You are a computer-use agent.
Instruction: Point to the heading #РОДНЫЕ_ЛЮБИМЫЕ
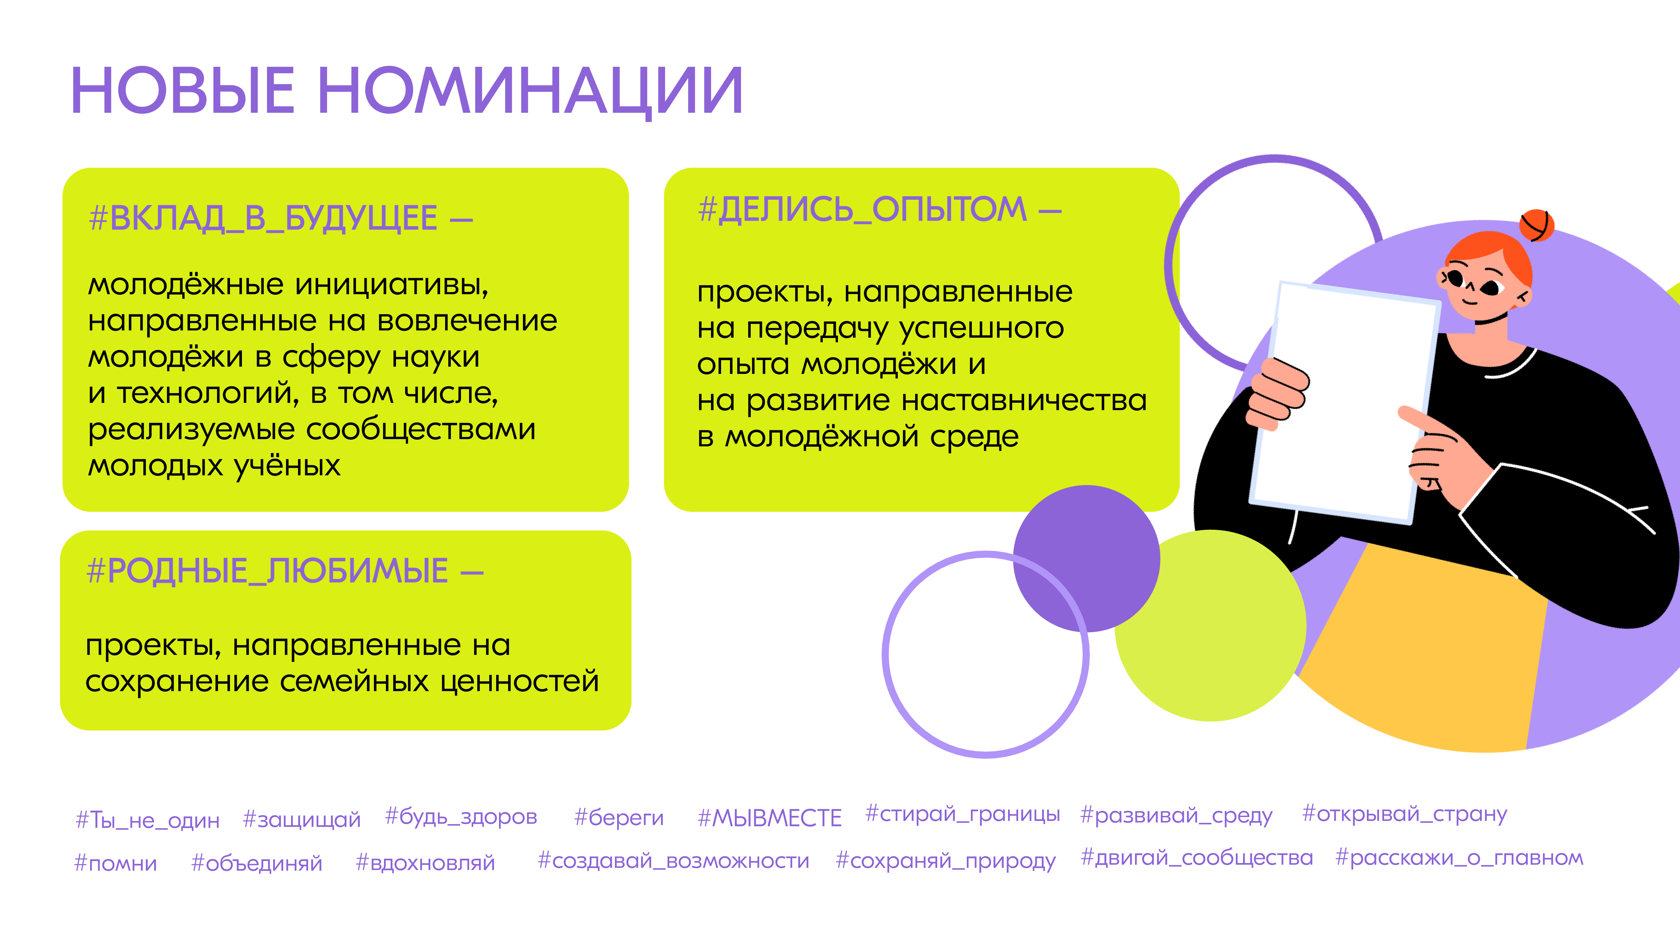(267, 571)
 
